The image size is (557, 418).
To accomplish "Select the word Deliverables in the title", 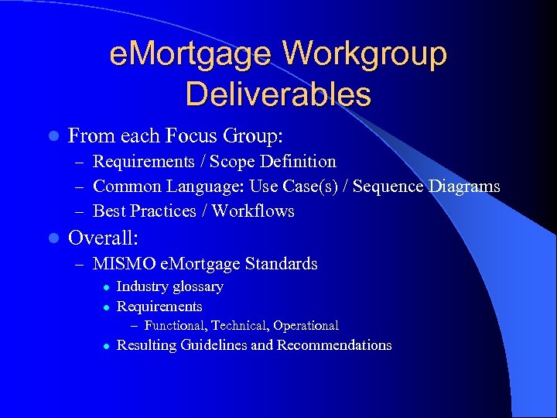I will point(278,94).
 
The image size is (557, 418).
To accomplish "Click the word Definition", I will point(299,162).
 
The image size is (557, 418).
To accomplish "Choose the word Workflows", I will point(253,211).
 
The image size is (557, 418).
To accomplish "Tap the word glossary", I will point(197,287).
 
